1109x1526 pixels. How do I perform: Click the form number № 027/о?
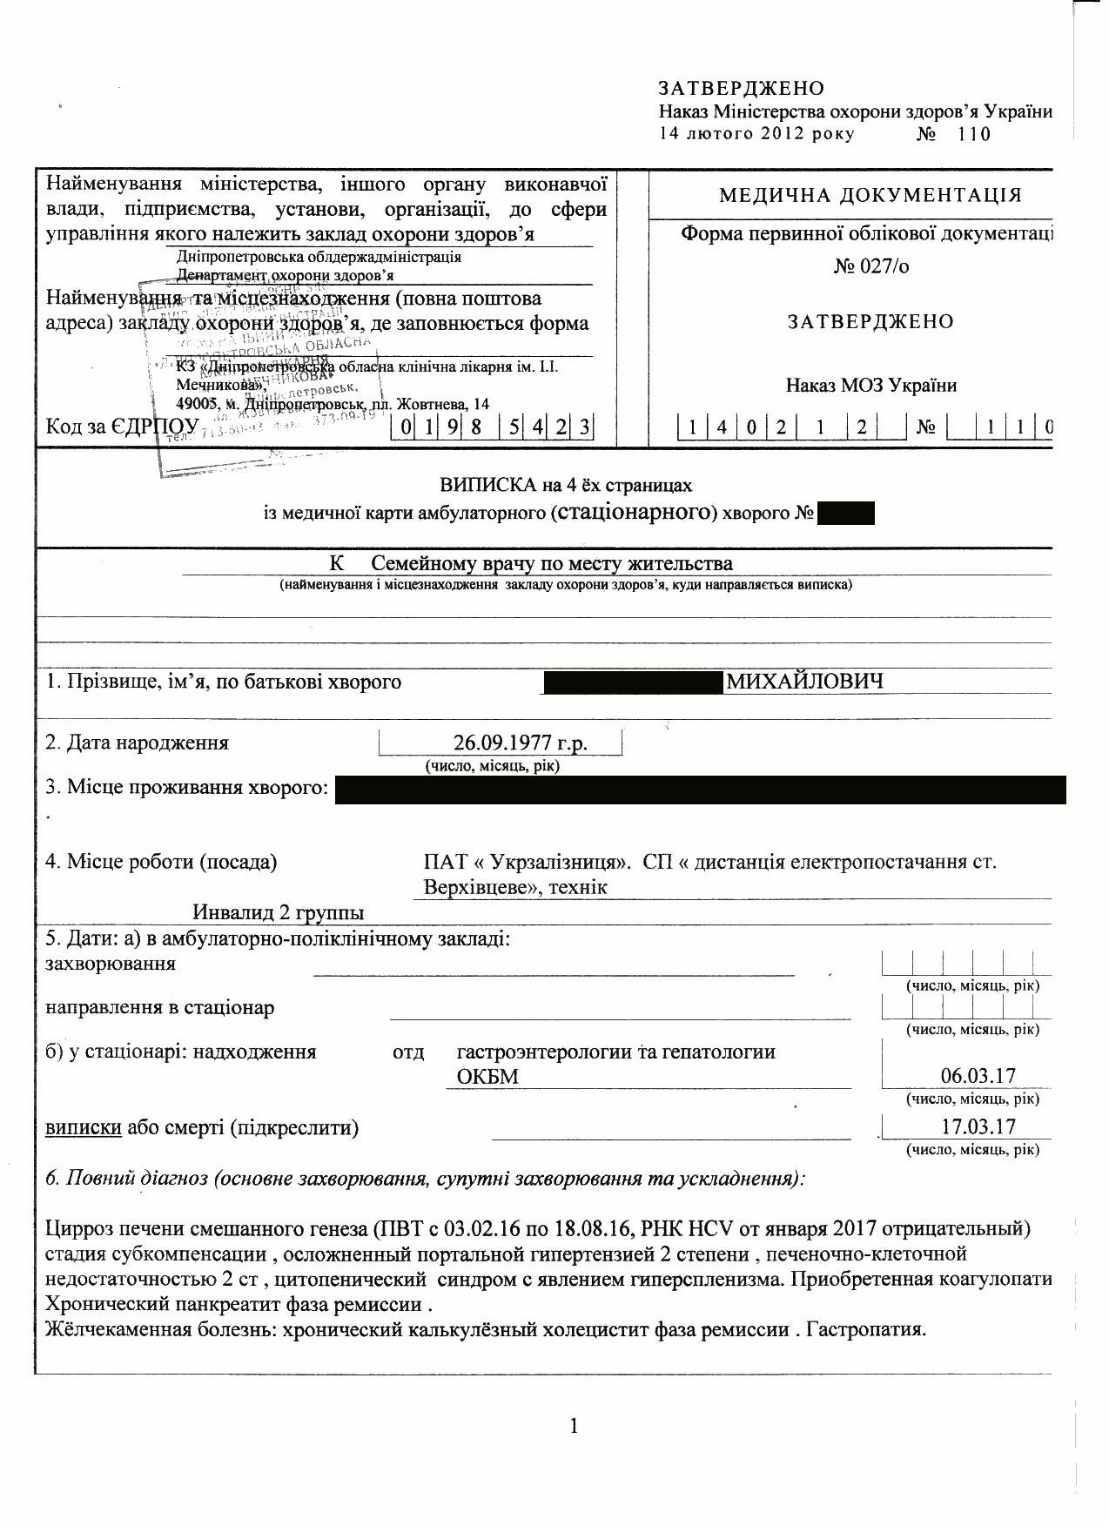coord(870,266)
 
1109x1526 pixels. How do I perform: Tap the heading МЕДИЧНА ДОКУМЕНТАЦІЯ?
coord(870,195)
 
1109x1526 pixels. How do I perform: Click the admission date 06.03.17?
coord(978,1076)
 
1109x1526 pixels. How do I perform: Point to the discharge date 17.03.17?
coord(978,1126)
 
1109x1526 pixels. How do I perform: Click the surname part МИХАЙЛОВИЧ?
coord(804,681)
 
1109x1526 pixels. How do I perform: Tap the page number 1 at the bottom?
coord(574,1426)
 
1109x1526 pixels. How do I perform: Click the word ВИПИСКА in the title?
coord(478,485)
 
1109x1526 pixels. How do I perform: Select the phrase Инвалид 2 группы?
coord(278,912)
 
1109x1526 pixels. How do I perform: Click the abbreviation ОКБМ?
coord(487,1077)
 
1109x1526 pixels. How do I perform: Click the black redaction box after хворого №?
coord(845,514)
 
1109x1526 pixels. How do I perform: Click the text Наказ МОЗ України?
coord(870,385)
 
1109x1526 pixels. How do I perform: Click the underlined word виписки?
coord(83,1128)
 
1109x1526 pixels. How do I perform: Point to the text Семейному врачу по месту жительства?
coord(546,563)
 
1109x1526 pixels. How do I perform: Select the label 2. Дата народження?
coord(137,743)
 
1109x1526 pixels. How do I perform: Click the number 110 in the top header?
coord(973,134)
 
